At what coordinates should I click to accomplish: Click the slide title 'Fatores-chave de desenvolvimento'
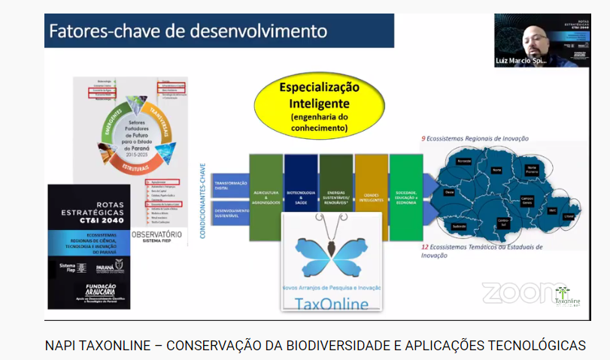pos(188,32)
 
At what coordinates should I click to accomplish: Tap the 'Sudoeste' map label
pos(458,225)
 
